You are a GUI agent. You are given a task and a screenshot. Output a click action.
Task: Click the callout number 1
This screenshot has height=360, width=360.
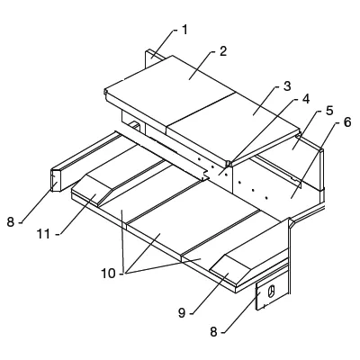pyautogui.click(x=184, y=30)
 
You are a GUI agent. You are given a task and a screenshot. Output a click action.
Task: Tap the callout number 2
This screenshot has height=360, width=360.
pyautogui.click(x=223, y=51)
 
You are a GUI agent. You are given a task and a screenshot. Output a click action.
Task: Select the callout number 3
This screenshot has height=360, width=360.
pyautogui.click(x=287, y=86)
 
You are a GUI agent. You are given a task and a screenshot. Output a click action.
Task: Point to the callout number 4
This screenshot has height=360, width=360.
pyautogui.click(x=305, y=99)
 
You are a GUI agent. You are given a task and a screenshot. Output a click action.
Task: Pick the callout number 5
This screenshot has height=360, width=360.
pyautogui.click(x=329, y=111)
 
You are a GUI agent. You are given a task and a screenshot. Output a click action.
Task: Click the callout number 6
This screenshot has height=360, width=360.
pyautogui.click(x=346, y=122)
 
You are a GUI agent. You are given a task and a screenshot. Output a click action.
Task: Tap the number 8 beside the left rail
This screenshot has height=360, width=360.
pyautogui.click(x=11, y=222)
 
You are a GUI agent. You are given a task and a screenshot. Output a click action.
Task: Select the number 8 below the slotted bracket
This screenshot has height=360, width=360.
pyautogui.click(x=213, y=332)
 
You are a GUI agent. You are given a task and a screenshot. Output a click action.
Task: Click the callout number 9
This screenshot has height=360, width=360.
pyautogui.click(x=182, y=313)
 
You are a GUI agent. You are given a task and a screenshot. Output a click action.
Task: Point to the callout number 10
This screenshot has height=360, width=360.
pyautogui.click(x=108, y=274)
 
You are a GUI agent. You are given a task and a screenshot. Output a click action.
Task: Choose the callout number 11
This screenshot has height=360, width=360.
pyautogui.click(x=43, y=234)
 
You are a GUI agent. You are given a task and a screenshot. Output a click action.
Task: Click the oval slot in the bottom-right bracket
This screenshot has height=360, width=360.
pyautogui.click(x=272, y=292)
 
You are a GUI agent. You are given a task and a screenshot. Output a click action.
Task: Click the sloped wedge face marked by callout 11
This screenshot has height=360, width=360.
pyautogui.click(x=86, y=196)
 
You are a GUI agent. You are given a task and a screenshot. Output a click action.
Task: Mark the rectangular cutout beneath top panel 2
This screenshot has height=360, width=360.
pyautogui.click(x=135, y=126)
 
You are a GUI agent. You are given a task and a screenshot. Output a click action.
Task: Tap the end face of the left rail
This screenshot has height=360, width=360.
pyautogui.click(x=56, y=181)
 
